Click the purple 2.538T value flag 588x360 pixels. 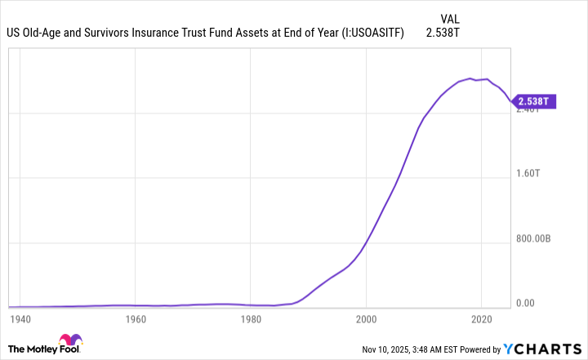click(535, 101)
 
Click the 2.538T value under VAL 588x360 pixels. click(445, 33)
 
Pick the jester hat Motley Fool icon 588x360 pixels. click(70, 344)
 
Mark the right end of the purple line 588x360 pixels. click(511, 102)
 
